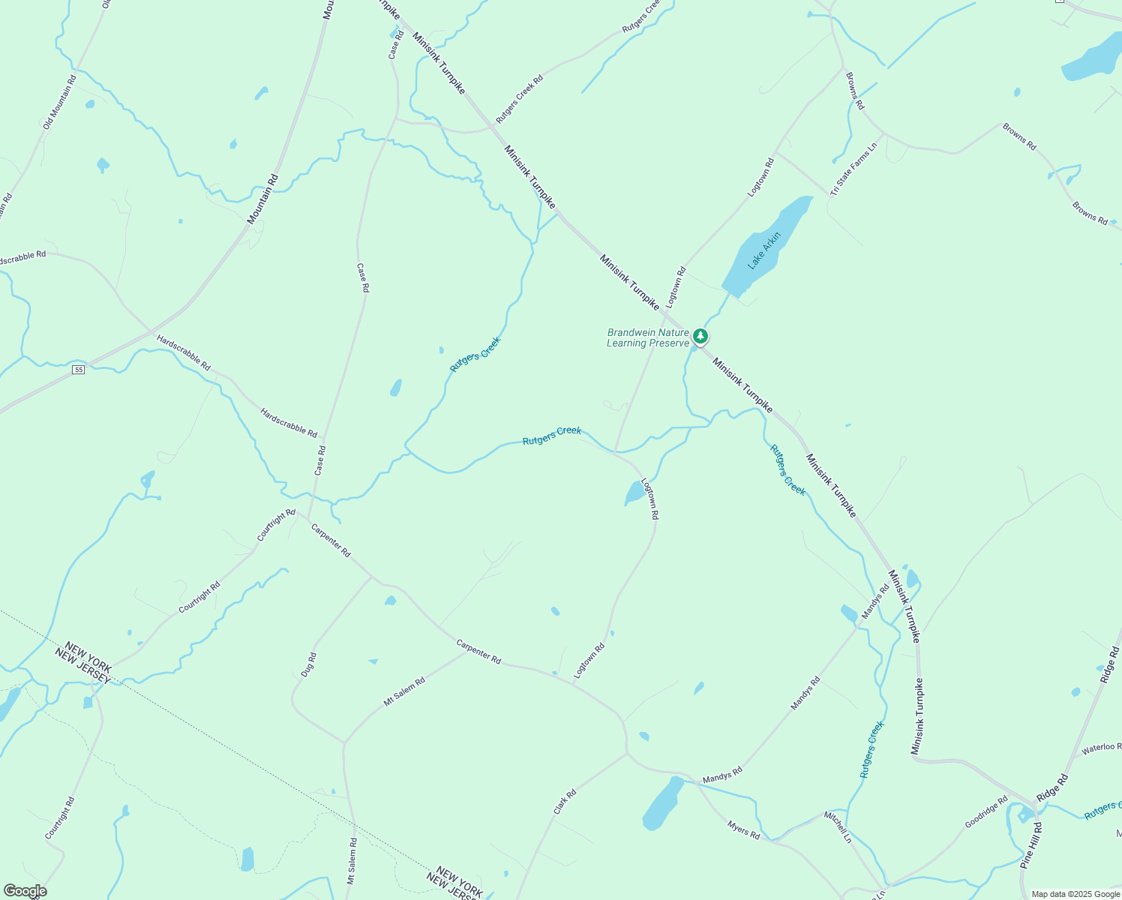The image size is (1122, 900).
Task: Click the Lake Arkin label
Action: (x=764, y=250)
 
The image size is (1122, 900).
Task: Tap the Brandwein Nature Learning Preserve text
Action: (x=647, y=337)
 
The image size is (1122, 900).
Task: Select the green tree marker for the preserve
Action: (x=700, y=336)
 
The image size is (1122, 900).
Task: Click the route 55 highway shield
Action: (x=78, y=370)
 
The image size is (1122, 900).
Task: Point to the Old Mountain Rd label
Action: (x=59, y=102)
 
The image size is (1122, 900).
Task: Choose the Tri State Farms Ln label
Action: (x=853, y=170)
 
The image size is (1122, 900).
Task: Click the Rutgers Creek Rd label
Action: (x=519, y=99)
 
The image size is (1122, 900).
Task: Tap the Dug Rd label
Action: (x=308, y=665)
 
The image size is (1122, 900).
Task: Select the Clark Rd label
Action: (x=565, y=802)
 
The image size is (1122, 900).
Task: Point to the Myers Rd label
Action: (x=743, y=829)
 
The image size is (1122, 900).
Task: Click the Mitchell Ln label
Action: (x=838, y=826)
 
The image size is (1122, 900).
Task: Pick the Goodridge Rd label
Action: (x=986, y=812)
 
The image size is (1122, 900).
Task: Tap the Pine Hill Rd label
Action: (x=1031, y=845)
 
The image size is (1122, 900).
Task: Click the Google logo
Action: (x=24, y=891)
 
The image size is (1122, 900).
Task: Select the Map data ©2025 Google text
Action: (x=1075, y=894)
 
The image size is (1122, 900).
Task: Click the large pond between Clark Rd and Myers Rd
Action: (x=663, y=803)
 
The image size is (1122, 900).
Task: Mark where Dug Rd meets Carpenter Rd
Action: (x=373, y=577)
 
